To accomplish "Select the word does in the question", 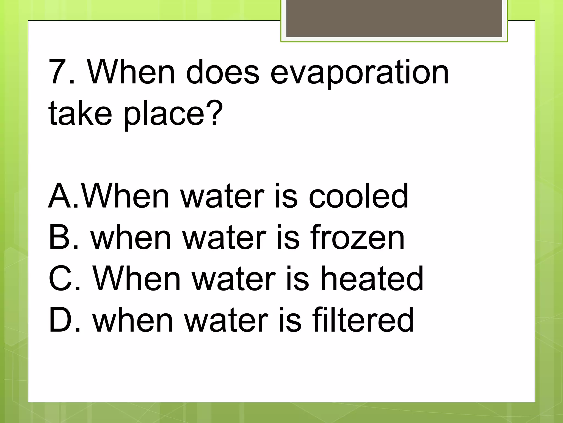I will (222, 72).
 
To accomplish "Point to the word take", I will (80, 113).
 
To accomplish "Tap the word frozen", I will (357, 237).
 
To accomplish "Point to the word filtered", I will (363, 320).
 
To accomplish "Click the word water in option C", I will (234, 278).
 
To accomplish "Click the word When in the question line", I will (131, 72).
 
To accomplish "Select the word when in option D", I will (133, 320).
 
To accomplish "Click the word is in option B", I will (288, 237).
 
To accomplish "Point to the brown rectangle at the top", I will (394, 18).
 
